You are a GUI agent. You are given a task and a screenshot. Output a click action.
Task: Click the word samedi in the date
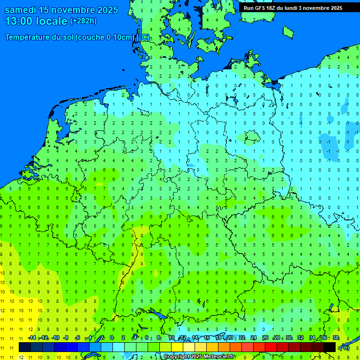[x=21, y=10]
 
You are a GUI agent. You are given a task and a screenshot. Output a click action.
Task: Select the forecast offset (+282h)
[x=83, y=21]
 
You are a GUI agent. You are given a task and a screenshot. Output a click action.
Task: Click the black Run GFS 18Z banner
[x=293, y=8]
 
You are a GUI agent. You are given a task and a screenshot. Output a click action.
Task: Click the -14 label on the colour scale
[x=32, y=338]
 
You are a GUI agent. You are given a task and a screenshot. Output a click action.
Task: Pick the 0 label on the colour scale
[x=112, y=338]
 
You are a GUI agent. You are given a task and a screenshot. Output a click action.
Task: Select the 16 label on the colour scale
[x=207, y=338]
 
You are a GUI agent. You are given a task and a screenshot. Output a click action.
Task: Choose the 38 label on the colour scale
[x=336, y=338]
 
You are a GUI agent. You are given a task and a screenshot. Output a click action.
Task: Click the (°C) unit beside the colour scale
[x=344, y=348]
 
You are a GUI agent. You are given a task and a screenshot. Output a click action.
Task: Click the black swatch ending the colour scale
[x=330, y=347]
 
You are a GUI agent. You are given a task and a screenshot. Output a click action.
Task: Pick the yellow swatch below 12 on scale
[x=177, y=347]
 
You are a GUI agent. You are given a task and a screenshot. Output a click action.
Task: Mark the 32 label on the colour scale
[x=300, y=338]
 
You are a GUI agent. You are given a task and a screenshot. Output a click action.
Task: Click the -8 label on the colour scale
[x=66, y=338]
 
